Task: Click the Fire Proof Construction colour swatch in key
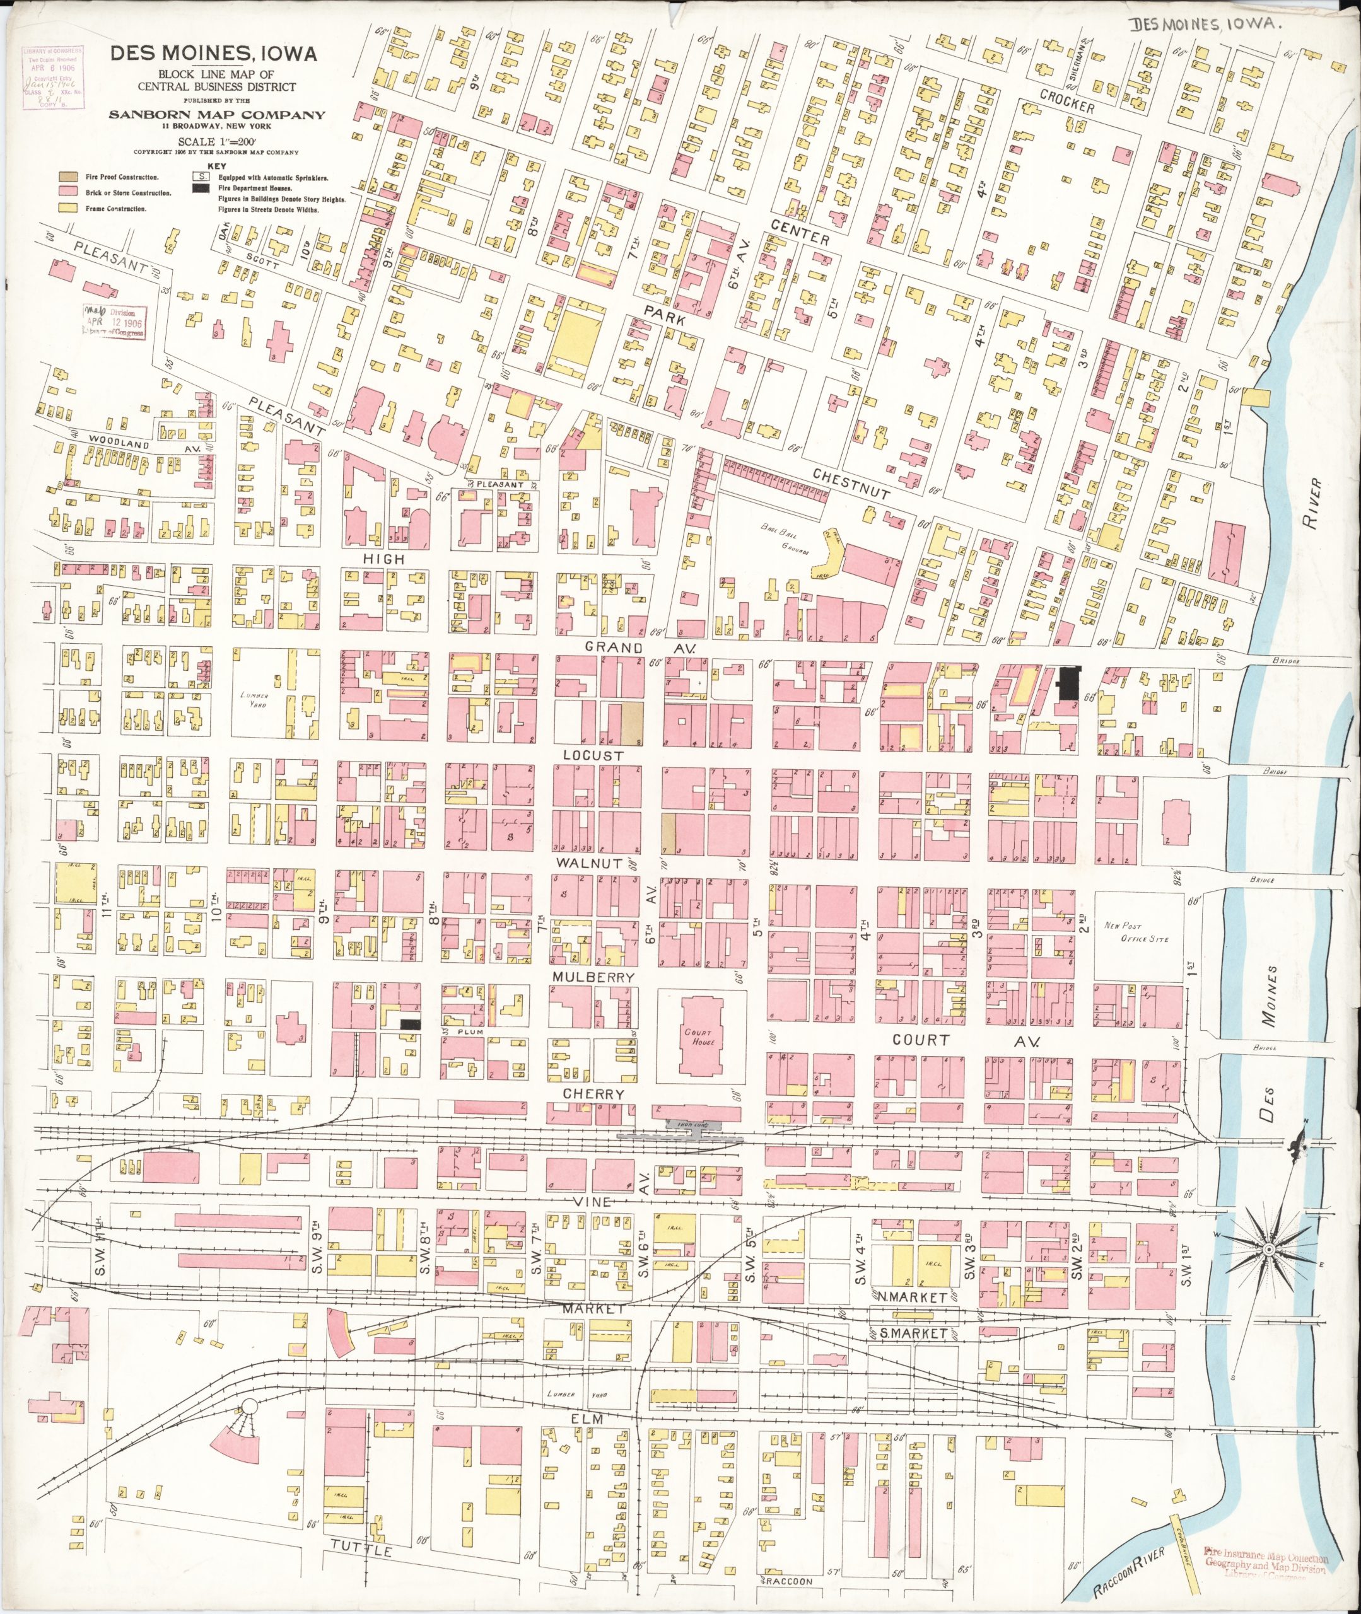tap(69, 177)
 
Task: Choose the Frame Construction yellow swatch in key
tap(69, 208)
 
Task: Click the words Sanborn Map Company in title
tap(216, 115)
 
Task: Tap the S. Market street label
tap(913, 1333)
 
